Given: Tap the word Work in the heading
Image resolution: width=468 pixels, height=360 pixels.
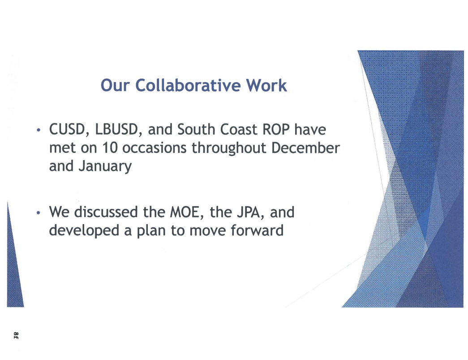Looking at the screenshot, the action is [266, 85].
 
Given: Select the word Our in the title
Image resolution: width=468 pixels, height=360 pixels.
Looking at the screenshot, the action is [115, 85].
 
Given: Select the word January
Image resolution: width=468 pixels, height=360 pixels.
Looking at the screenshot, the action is [105, 166].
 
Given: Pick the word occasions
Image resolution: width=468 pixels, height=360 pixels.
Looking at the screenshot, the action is [155, 148].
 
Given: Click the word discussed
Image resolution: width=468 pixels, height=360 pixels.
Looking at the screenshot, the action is [106, 212].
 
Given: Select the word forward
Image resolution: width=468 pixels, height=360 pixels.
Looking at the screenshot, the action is [257, 230].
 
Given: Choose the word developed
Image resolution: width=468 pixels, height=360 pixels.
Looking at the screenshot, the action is [84, 231].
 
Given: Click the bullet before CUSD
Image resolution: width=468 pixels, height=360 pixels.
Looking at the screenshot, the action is [38, 130].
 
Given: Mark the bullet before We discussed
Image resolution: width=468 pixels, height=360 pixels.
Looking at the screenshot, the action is [38, 213].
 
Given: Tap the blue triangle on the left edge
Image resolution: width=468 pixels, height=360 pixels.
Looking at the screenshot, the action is [14, 269].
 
